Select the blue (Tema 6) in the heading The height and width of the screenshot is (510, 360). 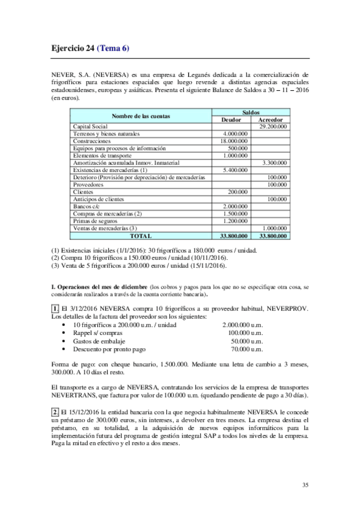coord(113,48)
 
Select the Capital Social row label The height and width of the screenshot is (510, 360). coord(90,126)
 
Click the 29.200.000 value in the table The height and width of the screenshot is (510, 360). coord(272,126)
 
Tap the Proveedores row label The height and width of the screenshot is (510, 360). coord(89,185)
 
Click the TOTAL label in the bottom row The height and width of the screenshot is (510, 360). coord(141,236)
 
